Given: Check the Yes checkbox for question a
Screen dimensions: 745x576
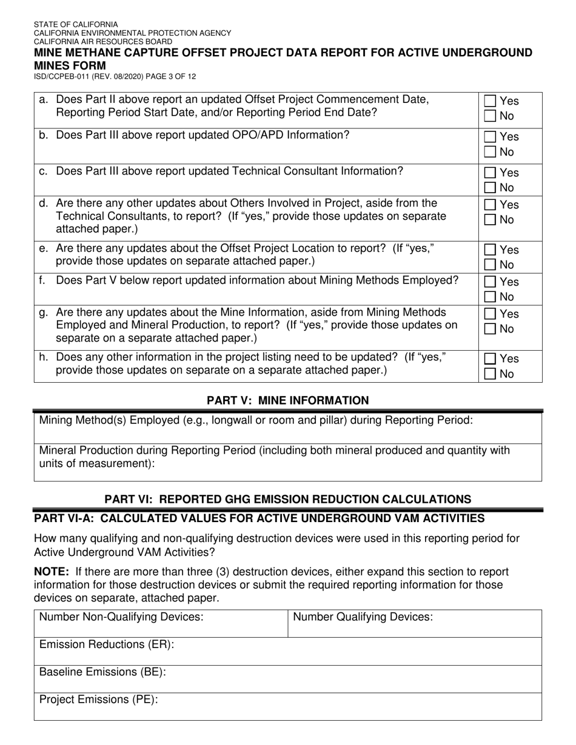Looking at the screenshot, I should (x=491, y=101).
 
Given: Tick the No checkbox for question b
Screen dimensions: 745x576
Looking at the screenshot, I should (x=491, y=152).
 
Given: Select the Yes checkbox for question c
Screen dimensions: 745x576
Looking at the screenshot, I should (x=491, y=173).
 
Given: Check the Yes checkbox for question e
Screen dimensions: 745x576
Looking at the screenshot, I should (x=491, y=250).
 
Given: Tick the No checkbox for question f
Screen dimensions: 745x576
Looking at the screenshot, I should (x=491, y=297).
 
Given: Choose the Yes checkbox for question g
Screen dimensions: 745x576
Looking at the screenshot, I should (x=491, y=314).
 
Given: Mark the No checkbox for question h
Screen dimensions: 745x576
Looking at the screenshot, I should (x=491, y=374).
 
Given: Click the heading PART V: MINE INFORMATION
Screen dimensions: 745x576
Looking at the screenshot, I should (x=287, y=400).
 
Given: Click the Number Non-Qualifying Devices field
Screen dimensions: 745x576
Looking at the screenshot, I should (x=161, y=624).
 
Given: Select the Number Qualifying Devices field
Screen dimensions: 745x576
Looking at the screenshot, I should (x=415, y=624).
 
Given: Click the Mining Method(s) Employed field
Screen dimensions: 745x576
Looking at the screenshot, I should (x=288, y=428).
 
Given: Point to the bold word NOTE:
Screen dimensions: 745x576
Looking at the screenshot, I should (x=52, y=572).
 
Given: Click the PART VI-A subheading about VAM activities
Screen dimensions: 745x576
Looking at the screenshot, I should (x=260, y=518).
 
